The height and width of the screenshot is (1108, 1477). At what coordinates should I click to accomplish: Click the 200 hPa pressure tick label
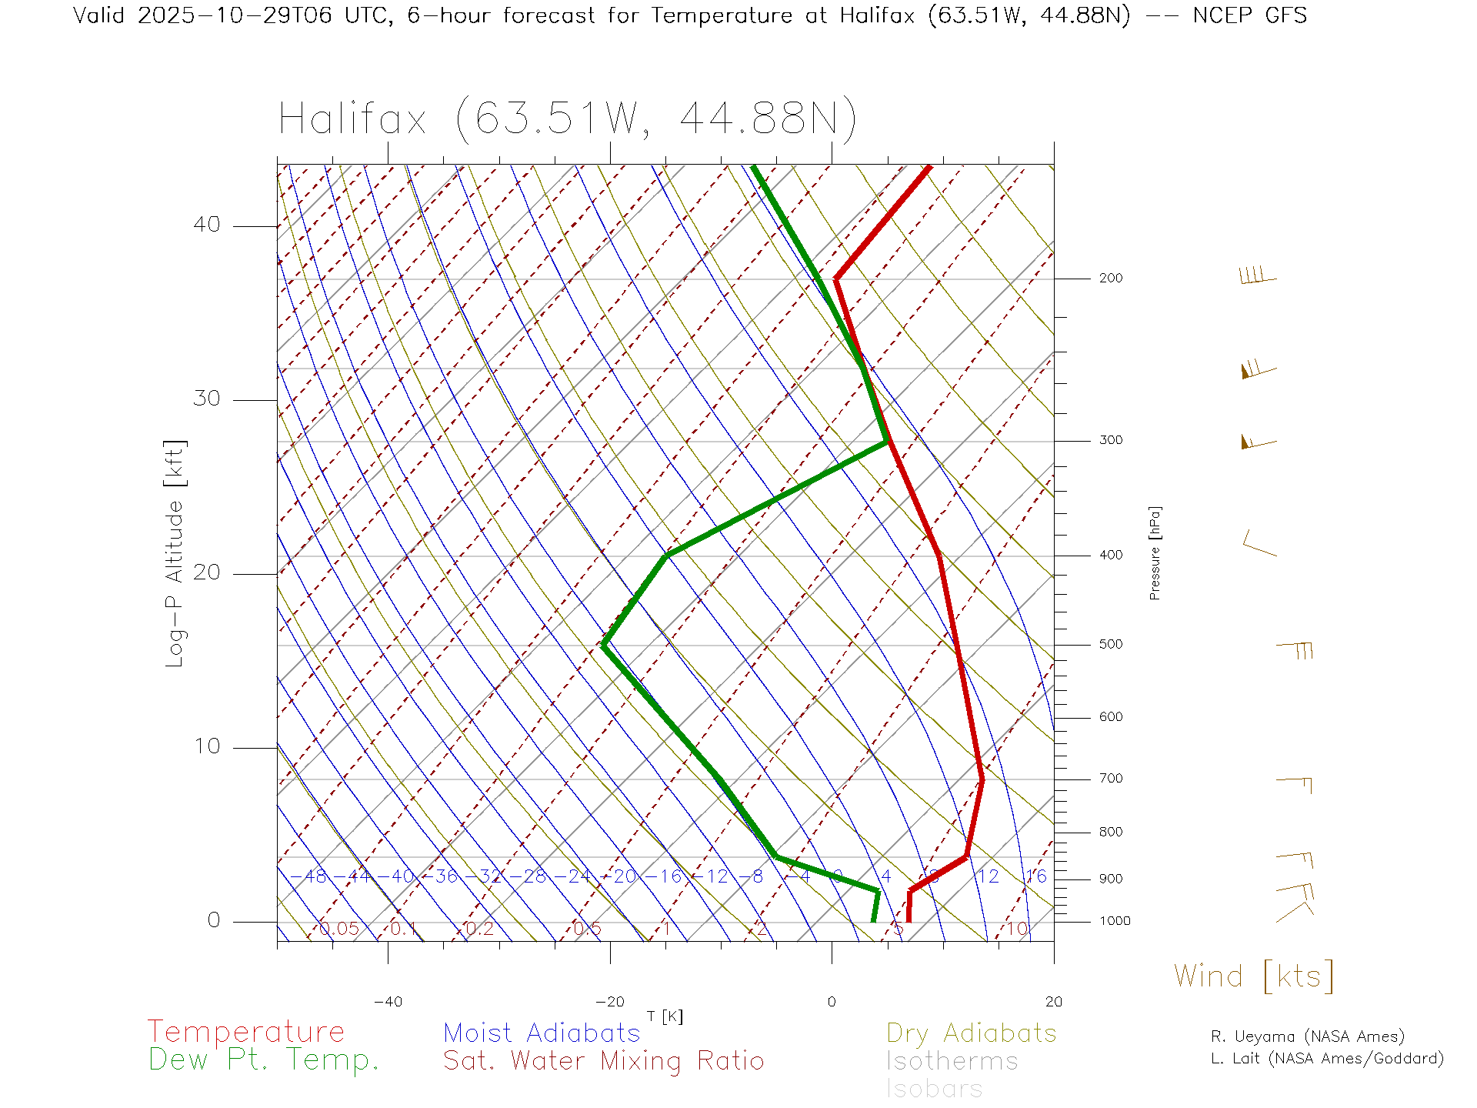point(1110,279)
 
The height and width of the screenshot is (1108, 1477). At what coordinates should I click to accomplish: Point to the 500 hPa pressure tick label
point(1110,645)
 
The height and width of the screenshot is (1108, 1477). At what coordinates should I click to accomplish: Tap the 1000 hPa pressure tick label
point(1115,921)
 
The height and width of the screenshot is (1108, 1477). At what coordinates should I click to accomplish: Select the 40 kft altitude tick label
point(206,225)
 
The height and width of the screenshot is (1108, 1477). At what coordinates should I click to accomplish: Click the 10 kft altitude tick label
point(206,746)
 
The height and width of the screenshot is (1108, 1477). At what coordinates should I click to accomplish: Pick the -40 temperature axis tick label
point(388,1002)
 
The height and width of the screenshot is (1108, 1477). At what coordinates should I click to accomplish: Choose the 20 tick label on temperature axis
point(1053,1002)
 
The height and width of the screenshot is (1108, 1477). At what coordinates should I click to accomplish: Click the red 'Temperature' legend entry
point(245,1032)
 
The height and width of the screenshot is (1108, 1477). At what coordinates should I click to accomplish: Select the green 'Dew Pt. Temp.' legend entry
point(264,1060)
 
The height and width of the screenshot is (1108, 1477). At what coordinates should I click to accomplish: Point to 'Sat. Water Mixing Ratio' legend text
point(603,1061)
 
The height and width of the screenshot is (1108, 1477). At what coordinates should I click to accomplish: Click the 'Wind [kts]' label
point(1253,976)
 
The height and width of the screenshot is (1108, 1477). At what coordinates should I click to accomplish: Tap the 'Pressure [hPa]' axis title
point(1155,552)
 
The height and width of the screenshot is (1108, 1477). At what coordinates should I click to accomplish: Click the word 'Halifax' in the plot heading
point(352,120)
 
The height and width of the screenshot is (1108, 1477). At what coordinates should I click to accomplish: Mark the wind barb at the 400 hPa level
point(1259,544)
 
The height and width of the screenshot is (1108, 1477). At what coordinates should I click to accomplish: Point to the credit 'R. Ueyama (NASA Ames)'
point(1307,1036)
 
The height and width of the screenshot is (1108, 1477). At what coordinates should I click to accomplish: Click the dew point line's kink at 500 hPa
point(604,645)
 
